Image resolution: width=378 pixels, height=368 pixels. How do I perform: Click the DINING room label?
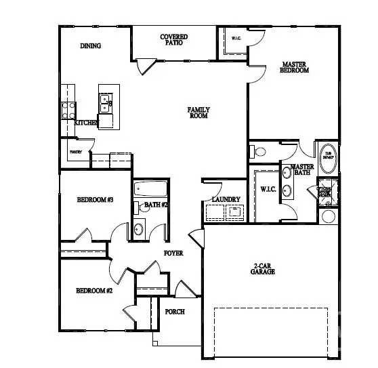click(90, 47)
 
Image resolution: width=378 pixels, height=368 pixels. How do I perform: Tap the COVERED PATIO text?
click(174, 39)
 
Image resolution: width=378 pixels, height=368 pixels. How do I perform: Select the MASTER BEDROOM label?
click(295, 67)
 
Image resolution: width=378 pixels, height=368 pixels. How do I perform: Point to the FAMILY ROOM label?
click(198, 113)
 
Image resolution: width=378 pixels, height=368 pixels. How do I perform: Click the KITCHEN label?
click(87, 123)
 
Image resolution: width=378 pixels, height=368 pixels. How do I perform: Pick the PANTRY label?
click(75, 152)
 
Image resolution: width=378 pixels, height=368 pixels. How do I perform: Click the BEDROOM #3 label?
click(94, 199)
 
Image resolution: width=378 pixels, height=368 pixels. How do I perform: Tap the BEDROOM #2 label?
click(93, 290)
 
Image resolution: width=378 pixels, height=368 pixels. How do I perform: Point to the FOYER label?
click(174, 253)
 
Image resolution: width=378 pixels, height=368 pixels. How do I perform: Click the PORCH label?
click(175, 312)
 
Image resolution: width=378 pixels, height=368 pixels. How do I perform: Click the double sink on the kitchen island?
click(106, 104)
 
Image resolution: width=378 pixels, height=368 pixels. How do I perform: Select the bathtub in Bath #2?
click(147, 188)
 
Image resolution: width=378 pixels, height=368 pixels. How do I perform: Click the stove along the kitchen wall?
click(68, 110)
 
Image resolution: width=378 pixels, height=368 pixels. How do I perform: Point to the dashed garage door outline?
click(272, 332)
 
